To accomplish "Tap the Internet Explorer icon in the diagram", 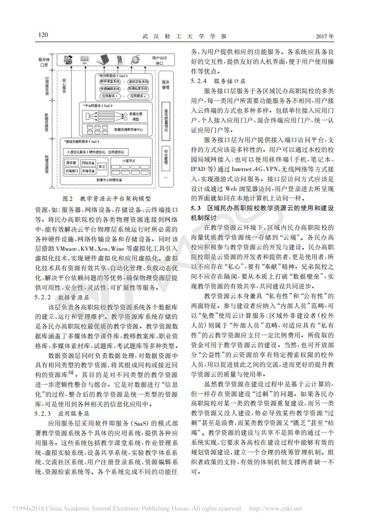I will tap(135, 59).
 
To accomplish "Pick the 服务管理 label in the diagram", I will tap(166, 84).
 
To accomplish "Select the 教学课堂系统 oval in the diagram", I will tap(108, 82).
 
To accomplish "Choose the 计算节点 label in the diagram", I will tap(129, 161).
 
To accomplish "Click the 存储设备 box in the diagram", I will tap(88, 171).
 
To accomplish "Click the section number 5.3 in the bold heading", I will tap(196, 207).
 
